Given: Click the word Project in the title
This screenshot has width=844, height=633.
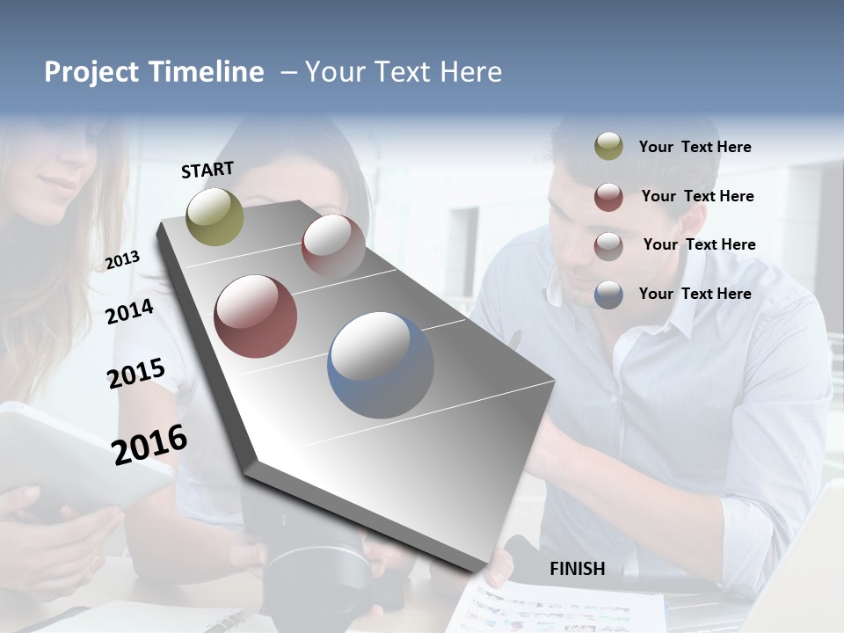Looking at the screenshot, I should [x=91, y=72].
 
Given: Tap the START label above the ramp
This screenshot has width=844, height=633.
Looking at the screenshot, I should [x=207, y=169].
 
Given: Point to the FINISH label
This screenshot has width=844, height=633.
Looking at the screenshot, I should [x=577, y=569].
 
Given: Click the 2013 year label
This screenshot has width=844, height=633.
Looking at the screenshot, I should [x=122, y=260].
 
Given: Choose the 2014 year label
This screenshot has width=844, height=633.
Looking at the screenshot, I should [x=129, y=311].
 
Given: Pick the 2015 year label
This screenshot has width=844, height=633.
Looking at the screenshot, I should [x=136, y=373].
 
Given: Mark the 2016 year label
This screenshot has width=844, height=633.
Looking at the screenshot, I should [x=149, y=444].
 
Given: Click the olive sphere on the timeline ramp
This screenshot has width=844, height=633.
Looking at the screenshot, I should [x=215, y=216].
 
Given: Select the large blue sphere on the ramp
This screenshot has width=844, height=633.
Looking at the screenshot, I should [x=381, y=365].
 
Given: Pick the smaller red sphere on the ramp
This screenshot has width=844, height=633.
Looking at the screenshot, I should [x=333, y=246].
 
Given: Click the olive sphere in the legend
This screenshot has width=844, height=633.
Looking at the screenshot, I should [x=608, y=146].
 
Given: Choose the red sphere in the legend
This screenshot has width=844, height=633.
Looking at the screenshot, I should [x=608, y=197].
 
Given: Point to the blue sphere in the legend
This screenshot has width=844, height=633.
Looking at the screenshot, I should [x=608, y=295].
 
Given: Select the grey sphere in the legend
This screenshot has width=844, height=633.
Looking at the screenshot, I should [x=608, y=246].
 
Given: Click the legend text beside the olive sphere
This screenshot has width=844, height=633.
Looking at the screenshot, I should [x=695, y=147].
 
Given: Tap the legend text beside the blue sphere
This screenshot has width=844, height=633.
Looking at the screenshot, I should [x=695, y=294].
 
